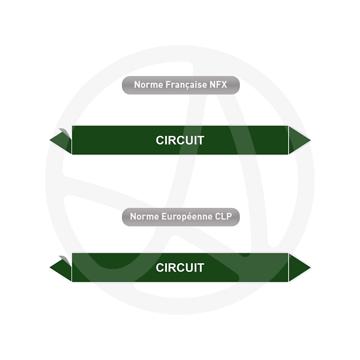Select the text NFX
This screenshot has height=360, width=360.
218,85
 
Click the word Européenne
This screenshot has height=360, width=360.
187,216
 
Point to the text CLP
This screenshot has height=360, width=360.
223,216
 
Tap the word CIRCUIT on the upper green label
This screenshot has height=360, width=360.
180,140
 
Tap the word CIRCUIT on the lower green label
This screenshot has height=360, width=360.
180,268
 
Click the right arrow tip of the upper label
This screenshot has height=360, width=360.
310,140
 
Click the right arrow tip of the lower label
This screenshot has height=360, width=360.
310,267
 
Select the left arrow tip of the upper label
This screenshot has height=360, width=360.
50,139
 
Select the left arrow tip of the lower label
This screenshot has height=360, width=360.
50,267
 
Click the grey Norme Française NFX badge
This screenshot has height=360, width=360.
181,85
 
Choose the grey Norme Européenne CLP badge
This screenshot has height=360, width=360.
181,217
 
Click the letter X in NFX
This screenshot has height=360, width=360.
224,85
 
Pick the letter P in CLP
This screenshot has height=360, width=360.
229,216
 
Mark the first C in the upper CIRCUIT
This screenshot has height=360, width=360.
160,140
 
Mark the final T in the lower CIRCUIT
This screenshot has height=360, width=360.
201,268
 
